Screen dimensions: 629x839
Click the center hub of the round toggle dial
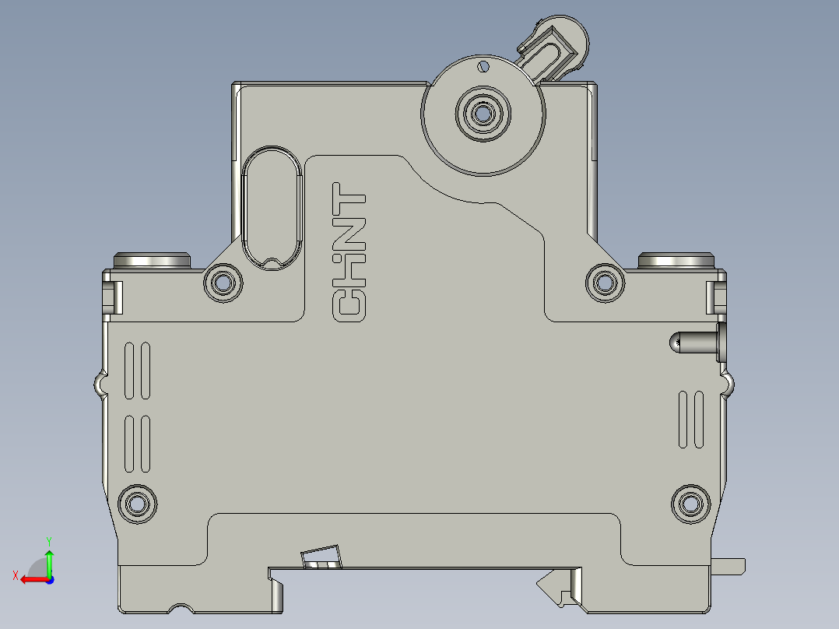[x=483, y=114]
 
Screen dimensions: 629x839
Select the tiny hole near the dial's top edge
[x=483, y=67]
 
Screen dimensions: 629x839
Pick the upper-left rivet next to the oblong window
[x=223, y=283]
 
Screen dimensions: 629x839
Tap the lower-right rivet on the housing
[x=690, y=503]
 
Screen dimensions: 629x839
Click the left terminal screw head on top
[x=152, y=260]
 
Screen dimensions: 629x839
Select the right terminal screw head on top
[x=675, y=260]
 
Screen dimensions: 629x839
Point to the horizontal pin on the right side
[x=695, y=343]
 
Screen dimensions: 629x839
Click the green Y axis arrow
[x=49, y=557]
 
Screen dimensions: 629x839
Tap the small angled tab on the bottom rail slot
[x=321, y=557]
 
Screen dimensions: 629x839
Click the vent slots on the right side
[x=690, y=419]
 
